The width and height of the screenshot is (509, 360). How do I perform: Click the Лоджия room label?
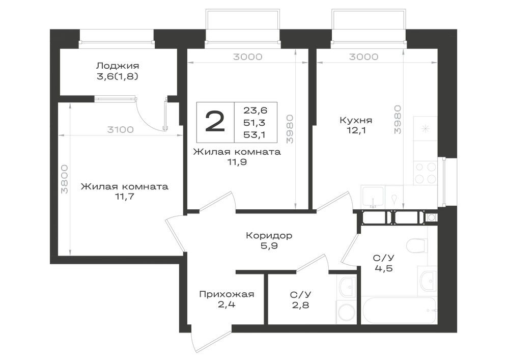118,66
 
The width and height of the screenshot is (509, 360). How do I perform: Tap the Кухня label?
356,120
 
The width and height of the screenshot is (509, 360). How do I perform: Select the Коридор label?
269,235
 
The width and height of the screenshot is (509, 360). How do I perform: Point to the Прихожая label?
227,294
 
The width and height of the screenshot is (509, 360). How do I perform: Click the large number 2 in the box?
215,122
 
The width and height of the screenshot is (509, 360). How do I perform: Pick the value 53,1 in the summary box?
255,135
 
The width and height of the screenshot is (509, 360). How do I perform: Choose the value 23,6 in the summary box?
256,110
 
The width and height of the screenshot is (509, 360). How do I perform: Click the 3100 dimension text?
121,130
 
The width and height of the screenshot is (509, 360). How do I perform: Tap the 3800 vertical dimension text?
65,179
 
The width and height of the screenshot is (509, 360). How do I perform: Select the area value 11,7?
125,197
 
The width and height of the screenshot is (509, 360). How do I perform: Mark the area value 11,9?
237,161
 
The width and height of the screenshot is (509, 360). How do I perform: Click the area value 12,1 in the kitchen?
356,130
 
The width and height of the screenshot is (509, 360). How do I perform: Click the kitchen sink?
373,197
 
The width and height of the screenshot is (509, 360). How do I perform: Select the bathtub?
399,310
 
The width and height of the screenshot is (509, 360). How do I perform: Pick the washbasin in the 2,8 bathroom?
347,287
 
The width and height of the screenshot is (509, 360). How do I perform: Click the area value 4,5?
383,269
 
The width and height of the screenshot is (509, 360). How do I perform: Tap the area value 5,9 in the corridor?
269,246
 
